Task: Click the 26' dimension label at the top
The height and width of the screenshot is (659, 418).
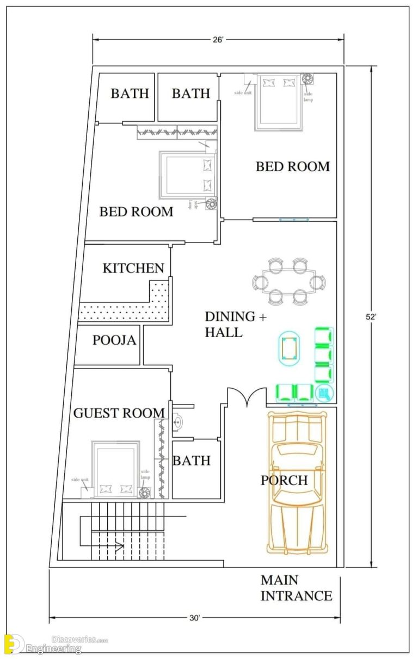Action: click(218, 40)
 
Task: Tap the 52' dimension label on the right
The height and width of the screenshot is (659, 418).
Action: click(372, 316)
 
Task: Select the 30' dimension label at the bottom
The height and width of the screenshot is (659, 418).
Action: click(195, 618)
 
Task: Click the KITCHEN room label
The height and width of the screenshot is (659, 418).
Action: click(133, 268)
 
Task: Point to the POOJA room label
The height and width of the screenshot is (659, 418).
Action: click(114, 340)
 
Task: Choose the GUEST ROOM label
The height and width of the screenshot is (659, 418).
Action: click(119, 413)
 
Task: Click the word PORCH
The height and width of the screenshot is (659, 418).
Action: click(284, 481)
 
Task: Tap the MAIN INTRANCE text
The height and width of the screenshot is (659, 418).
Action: click(296, 588)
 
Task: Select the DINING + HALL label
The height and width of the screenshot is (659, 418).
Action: click(230, 324)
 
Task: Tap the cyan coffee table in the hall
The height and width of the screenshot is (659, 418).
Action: click(288, 347)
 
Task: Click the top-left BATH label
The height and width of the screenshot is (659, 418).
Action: click(130, 94)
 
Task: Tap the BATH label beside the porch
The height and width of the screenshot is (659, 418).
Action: click(191, 461)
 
